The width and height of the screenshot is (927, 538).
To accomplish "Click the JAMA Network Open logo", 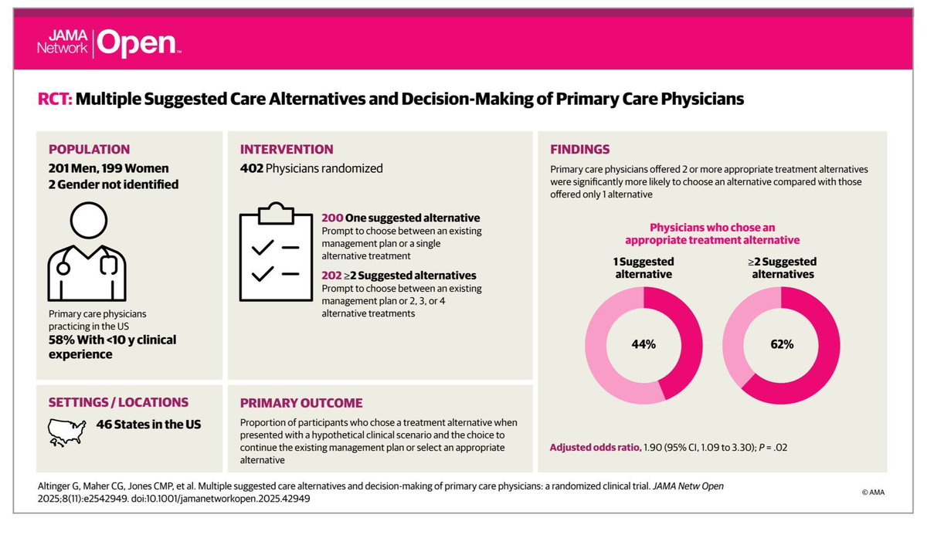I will pyautogui.click(x=109, y=45).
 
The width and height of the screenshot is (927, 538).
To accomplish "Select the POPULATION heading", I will pyautogui.click(x=89, y=150).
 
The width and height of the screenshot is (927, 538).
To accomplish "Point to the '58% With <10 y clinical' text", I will pyautogui.click(x=113, y=340).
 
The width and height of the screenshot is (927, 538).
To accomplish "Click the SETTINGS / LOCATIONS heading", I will pyautogui.click(x=118, y=402).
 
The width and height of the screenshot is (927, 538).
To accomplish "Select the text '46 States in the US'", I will pyautogui.click(x=148, y=425).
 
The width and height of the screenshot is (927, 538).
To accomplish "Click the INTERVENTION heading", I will pyautogui.click(x=287, y=150).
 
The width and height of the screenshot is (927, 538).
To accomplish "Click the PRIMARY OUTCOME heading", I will pyautogui.click(x=301, y=403).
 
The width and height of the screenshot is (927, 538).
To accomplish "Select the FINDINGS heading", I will pyautogui.click(x=579, y=150).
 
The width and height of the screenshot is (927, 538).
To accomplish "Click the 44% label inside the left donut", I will pyautogui.click(x=643, y=344).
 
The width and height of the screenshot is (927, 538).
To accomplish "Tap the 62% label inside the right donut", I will pyautogui.click(x=781, y=344).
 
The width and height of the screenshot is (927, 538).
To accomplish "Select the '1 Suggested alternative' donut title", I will pyautogui.click(x=643, y=267).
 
